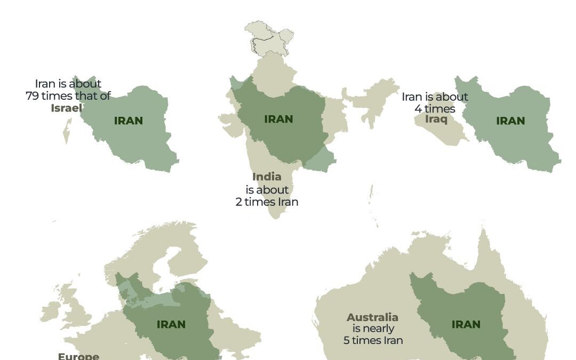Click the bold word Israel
(x=67, y=108)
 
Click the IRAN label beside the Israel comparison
(x=129, y=121)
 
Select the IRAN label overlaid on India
(x=278, y=119)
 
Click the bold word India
(x=267, y=177)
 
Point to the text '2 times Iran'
(x=267, y=202)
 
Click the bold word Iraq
(x=435, y=118)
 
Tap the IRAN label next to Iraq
(x=510, y=121)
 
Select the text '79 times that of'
(x=68, y=96)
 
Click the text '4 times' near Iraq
(x=435, y=109)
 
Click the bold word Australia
(x=372, y=317)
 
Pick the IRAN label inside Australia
(x=466, y=324)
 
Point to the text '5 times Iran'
(x=373, y=340)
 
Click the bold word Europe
(x=78, y=356)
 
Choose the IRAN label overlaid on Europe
(x=171, y=324)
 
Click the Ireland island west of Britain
(x=50, y=313)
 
